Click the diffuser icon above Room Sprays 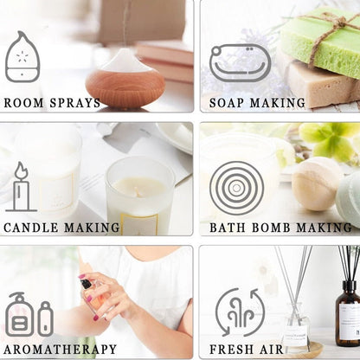[x=22, y=56]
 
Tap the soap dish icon [x=240, y=63]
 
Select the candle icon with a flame [x=21, y=187]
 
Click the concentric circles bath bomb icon [x=236, y=188]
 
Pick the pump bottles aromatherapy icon [x=29, y=314]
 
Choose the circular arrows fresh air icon [x=240, y=312]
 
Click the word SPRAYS [x=75, y=103]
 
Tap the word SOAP [x=226, y=103]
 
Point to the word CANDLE [x=31, y=228]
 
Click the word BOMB [x=271, y=228]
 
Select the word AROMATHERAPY [x=61, y=350]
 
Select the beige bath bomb [x=316, y=183]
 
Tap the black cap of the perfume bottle [x=86, y=284]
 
